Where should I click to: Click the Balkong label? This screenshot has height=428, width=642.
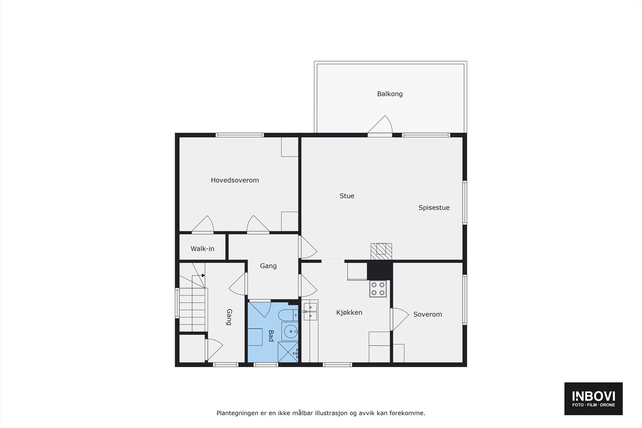pyautogui.click(x=390, y=94)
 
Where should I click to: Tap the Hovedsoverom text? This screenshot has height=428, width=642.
pyautogui.click(x=235, y=180)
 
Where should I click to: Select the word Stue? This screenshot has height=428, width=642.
pyautogui.click(x=347, y=196)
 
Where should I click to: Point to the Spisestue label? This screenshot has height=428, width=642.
pyautogui.click(x=434, y=207)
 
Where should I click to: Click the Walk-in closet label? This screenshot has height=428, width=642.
pyautogui.click(x=202, y=249)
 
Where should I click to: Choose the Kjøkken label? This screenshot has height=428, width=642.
pyautogui.click(x=349, y=312)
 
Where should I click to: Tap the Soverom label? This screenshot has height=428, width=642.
pyautogui.click(x=427, y=314)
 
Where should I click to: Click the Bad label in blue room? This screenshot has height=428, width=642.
pyautogui.click(x=271, y=336)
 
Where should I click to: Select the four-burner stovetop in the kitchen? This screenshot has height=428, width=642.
pyautogui.click(x=378, y=288)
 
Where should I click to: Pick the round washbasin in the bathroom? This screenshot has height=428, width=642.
pyautogui.click(x=290, y=332)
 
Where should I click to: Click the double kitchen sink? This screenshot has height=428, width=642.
pyautogui.click(x=310, y=312)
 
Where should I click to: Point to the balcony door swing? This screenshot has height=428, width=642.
pyautogui.click(x=380, y=125)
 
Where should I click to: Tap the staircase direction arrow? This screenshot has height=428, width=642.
pyautogui.click(x=203, y=276)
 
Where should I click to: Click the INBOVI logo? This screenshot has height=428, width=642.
pyautogui.click(x=593, y=398)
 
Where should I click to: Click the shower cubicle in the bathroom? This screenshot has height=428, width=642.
pyautogui.click(x=288, y=352)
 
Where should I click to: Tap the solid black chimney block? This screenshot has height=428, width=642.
pyautogui.click(x=380, y=271)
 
